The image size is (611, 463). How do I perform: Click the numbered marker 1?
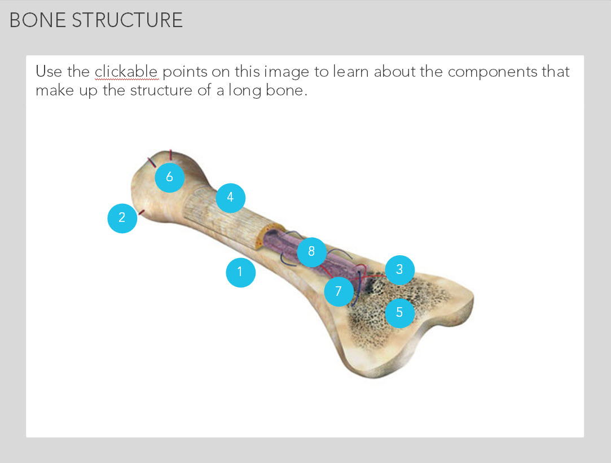[240, 272]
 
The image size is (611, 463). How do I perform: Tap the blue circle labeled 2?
[122, 219]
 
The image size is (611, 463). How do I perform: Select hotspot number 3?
[399, 270]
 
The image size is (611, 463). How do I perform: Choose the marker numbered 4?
[230, 198]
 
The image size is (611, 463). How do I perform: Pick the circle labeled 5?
[399, 313]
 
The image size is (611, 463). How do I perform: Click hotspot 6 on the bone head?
[169, 177]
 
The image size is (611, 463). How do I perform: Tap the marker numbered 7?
[339, 291]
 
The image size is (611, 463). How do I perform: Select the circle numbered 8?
[311, 252]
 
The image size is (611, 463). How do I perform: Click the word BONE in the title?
[37, 20]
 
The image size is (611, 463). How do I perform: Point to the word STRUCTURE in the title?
[127, 20]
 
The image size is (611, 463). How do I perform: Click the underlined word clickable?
[126, 72]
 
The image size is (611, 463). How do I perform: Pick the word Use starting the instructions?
[49, 72]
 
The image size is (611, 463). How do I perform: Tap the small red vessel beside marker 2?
[142, 212]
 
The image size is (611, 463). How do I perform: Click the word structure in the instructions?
[161, 90]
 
